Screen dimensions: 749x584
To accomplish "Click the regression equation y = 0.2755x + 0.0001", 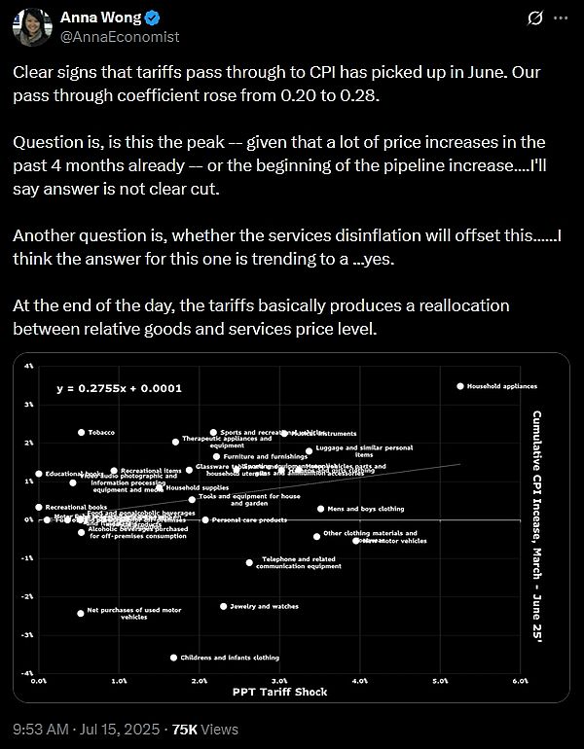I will coord(119,388).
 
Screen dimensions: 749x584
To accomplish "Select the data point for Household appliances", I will coord(460,386).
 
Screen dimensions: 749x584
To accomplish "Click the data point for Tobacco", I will coord(81,432).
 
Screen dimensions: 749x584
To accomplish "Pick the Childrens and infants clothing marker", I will coord(174,658).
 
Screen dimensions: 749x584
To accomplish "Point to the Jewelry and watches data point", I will coord(223,606).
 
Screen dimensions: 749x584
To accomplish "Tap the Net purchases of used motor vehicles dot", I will coord(81,613).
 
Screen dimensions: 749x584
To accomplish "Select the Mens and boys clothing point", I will coord(320,509).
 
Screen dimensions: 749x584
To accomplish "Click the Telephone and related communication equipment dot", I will coord(249,562).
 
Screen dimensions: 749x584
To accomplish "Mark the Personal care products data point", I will coord(205,520).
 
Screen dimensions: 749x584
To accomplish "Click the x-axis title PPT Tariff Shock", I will coord(278,691).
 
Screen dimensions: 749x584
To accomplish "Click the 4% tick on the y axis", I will coord(29,366).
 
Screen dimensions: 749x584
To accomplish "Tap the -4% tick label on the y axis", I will coord(28,673).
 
